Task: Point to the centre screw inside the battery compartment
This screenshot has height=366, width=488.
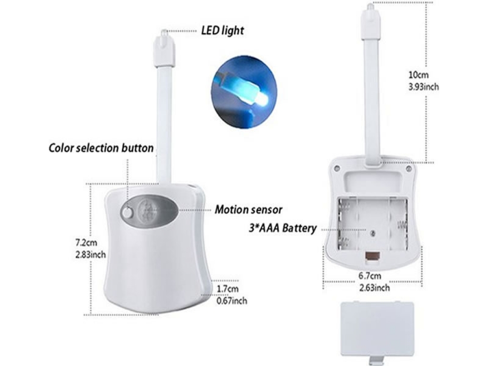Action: [372, 233]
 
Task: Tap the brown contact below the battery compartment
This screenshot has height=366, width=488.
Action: [372, 256]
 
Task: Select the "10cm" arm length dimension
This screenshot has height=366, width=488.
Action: [418, 75]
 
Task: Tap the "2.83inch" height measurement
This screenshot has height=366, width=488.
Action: [91, 254]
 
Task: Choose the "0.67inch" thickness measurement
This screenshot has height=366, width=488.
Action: [232, 301]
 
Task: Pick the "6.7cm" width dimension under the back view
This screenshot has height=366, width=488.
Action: [370, 276]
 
